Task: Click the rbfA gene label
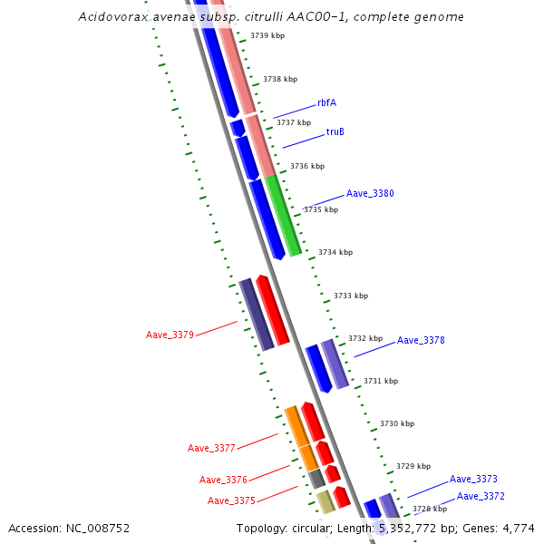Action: coord(326,103)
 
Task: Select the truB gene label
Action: coord(335,132)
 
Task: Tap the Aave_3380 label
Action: coord(370,194)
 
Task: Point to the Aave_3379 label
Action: coord(170,335)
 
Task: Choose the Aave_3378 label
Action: coord(421,341)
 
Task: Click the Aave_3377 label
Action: coord(211,448)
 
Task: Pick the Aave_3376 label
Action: coord(223,481)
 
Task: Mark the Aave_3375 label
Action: coord(231,500)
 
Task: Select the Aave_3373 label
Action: coord(473,479)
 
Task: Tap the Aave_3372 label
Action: coord(481,496)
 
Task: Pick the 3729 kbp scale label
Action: coord(413,466)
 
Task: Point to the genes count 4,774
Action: coord(517,529)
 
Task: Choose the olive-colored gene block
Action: coord(325,502)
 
